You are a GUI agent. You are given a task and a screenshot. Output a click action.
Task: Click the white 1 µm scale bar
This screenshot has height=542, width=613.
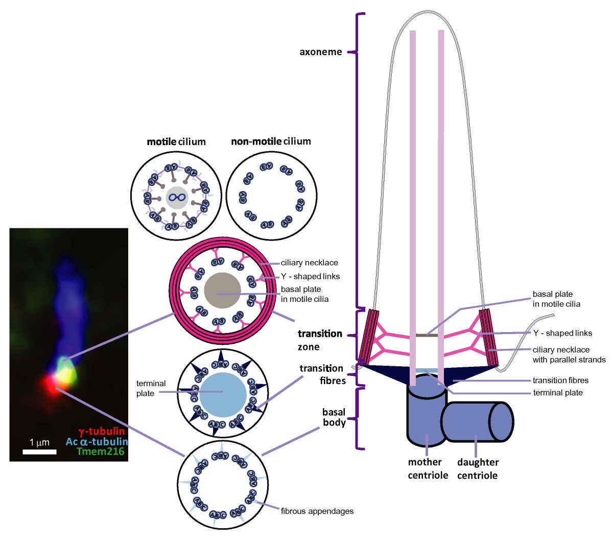39,452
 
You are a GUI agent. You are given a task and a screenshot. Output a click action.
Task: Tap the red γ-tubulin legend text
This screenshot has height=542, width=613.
101,431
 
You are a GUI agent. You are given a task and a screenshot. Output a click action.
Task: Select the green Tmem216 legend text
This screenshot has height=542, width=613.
101,451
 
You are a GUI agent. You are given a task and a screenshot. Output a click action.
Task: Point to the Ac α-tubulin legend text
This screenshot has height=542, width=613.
97,441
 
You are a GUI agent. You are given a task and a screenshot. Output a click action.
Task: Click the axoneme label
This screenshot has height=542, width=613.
321,52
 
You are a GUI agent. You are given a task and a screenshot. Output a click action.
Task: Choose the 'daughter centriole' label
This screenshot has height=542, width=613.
478,469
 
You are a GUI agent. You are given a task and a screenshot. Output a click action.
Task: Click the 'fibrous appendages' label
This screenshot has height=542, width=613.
317,511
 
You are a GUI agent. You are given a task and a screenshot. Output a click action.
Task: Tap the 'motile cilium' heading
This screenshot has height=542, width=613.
176,142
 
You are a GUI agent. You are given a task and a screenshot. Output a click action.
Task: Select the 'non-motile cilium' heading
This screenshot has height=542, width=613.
271,142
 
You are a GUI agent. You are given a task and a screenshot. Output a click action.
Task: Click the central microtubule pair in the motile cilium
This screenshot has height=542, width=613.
177,197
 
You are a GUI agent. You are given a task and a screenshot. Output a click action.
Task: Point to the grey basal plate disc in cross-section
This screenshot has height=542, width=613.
222,290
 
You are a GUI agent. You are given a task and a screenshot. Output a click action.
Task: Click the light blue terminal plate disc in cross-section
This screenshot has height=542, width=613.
223,394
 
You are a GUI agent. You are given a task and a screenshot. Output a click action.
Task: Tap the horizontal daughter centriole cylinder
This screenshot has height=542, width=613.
477,421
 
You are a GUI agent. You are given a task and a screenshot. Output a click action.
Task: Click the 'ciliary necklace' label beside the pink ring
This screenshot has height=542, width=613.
309,263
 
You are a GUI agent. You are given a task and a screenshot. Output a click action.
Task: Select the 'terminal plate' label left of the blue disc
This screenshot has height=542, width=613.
151,388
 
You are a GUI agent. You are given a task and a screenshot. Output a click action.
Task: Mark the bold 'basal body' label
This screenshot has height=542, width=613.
334,417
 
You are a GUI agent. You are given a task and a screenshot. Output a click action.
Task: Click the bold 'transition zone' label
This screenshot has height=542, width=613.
320,340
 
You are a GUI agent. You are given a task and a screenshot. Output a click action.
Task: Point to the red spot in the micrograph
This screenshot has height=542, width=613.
52,386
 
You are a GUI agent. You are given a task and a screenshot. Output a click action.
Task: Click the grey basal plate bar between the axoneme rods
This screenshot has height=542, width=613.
427,335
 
